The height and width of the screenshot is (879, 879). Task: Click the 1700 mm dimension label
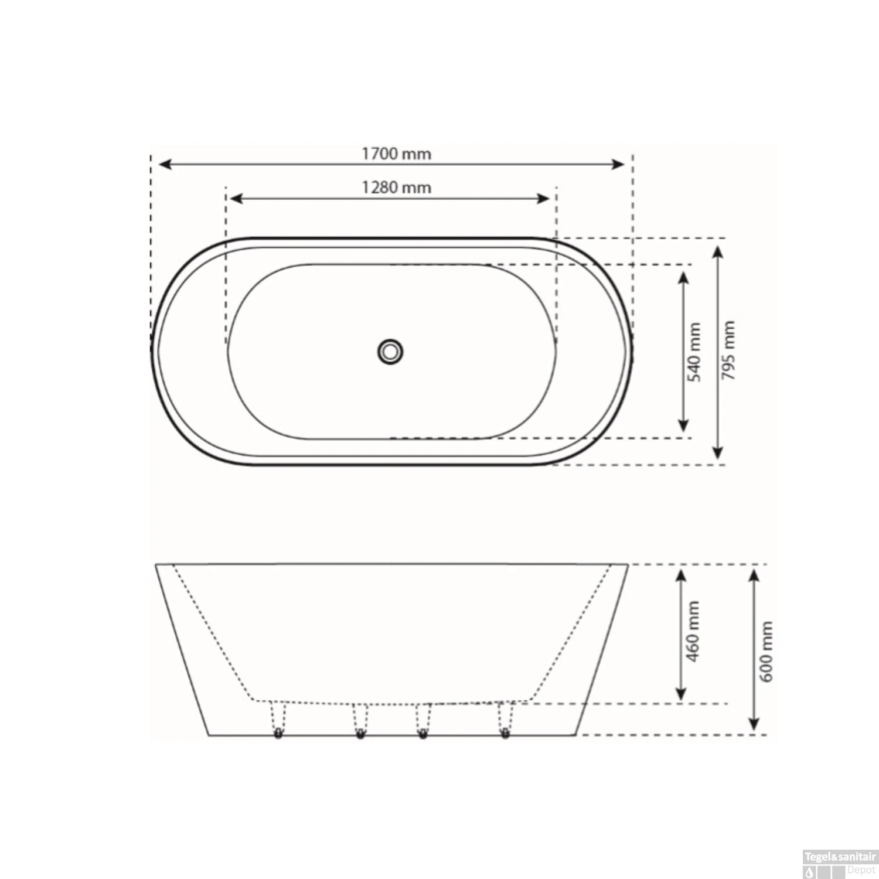coord(396,154)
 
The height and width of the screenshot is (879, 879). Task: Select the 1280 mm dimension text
coord(396,188)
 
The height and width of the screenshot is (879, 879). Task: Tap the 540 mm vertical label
coord(694,352)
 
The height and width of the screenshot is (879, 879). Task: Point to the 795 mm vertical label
coord(728,350)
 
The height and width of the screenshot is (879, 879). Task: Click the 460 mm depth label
coord(693,631)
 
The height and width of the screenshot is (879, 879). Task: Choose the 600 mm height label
coord(766,652)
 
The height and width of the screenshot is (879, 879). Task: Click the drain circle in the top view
coord(390,352)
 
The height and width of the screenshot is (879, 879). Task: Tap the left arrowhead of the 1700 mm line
coord(165,164)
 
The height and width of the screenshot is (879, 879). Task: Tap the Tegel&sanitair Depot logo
coord(839,864)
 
